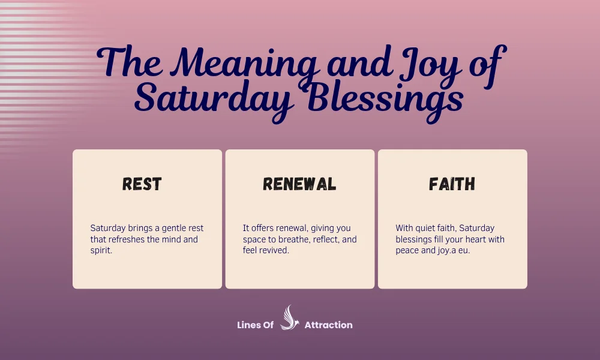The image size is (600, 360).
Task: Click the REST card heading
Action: (142, 184)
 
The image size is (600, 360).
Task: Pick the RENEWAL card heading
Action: (299, 184)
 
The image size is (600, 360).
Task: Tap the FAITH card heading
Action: (452, 184)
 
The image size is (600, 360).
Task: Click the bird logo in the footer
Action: (289, 317)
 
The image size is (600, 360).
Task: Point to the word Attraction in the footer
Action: (328, 325)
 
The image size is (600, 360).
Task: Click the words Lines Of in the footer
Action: (256, 325)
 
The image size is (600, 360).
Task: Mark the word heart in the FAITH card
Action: (466, 239)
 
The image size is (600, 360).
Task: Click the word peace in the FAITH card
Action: (407, 250)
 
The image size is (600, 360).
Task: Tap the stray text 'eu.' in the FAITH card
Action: (464, 250)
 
